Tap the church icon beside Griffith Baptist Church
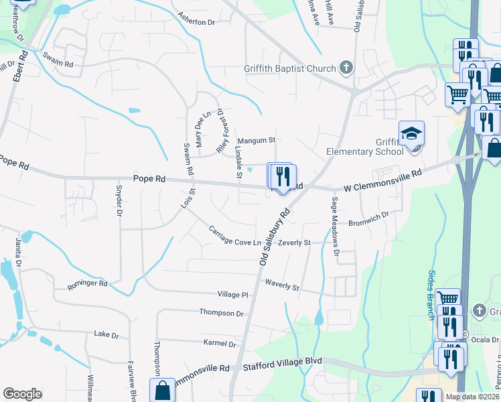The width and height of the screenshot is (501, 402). [346, 67]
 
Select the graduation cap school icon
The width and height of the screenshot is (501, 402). [411, 133]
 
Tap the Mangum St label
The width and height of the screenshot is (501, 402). [257, 141]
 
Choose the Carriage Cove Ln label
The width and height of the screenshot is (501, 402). [234, 236]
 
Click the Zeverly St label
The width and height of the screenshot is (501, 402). [295, 243]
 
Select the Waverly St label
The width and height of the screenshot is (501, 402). [282, 285]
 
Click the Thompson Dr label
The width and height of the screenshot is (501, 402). [221, 313]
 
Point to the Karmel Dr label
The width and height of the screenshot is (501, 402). [220, 344]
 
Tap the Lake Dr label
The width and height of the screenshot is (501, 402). [106, 334]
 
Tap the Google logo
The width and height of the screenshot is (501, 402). [22, 394]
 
